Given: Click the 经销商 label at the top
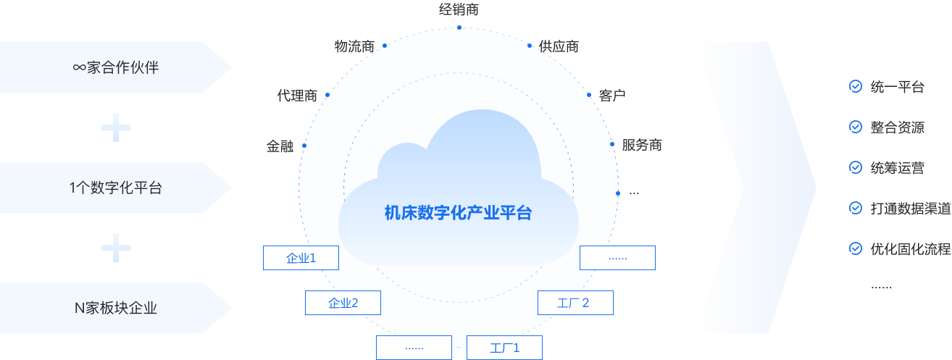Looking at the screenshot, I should click(x=459, y=9).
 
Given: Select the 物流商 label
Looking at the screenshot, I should click(x=354, y=46).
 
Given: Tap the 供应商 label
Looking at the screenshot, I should click(x=559, y=46).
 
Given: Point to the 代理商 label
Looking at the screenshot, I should click(x=297, y=96).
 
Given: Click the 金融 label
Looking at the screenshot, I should click(x=280, y=146).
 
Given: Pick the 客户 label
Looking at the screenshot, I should click(x=612, y=96).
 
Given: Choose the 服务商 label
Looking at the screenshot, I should click(x=642, y=145).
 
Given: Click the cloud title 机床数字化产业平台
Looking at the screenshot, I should click(x=458, y=213).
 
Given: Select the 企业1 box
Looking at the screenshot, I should click(x=301, y=258).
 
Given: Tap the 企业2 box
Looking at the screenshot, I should click(x=343, y=303).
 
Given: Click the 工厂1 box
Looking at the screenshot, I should click(x=504, y=348).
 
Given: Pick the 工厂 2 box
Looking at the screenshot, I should click(x=575, y=303).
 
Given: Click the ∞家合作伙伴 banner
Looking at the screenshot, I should click(x=115, y=68).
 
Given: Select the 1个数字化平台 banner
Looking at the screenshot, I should click(x=115, y=188).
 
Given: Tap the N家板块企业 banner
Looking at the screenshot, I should click(x=115, y=308).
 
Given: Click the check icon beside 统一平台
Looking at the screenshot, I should click(x=855, y=86).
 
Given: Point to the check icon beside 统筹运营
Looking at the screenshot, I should click(x=855, y=167).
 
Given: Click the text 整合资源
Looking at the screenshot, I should click(x=897, y=127).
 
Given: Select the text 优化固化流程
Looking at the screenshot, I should click(x=910, y=249).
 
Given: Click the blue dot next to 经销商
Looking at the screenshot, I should click(x=459, y=28).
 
